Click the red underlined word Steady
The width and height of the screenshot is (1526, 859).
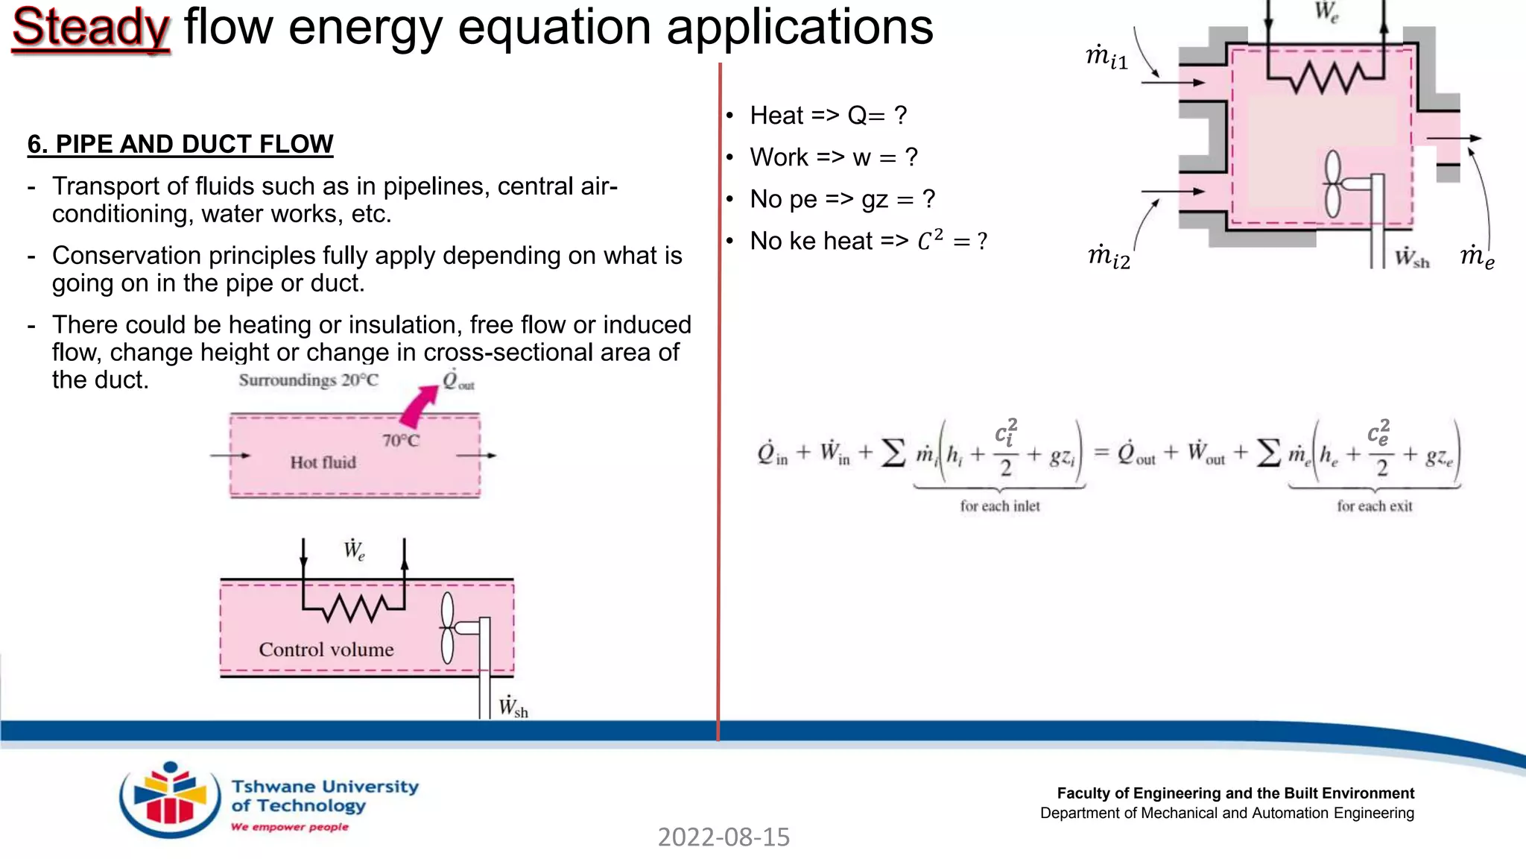coord(91,28)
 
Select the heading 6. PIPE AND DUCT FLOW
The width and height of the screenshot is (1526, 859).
coord(180,144)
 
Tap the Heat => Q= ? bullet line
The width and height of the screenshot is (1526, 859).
coord(828,116)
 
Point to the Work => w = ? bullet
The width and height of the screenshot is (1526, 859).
coord(833,157)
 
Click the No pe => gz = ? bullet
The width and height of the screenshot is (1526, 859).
coord(842,199)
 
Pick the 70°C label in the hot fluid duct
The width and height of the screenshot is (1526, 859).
coord(401,441)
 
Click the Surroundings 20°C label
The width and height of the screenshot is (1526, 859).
coord(308,380)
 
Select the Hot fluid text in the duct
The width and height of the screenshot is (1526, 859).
coord(323,462)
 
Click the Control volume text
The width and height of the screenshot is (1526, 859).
coord(326,649)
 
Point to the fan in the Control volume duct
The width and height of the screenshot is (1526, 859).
coord(448,628)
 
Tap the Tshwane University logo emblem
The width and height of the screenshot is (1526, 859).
coord(170,799)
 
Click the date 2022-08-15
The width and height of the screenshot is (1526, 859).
coord(724,837)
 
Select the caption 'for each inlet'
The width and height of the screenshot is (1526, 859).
coord(1000,506)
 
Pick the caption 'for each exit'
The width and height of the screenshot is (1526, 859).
coord(1375,506)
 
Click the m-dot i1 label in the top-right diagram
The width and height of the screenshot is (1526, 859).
coord(1106,57)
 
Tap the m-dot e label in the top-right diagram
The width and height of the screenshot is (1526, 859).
coord(1477,257)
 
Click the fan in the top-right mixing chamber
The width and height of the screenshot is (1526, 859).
coord(1333,183)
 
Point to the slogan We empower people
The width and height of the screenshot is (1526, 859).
coord(290,827)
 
